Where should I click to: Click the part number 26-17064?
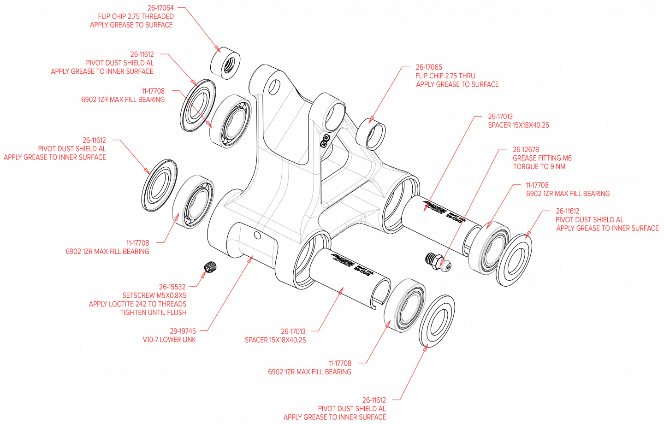(x=160, y=8)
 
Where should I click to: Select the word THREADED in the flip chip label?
(x=158, y=17)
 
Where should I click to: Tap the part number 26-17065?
(x=429, y=67)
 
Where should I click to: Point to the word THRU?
(x=467, y=76)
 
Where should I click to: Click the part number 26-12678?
(x=526, y=150)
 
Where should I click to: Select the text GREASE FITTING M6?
(x=542, y=158)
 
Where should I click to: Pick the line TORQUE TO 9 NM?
(x=539, y=167)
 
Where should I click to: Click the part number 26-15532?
(x=172, y=287)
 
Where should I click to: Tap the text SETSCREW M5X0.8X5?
(x=154, y=295)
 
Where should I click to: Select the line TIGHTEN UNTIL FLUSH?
(x=153, y=312)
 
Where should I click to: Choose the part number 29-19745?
(x=183, y=331)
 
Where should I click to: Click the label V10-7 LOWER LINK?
(x=169, y=340)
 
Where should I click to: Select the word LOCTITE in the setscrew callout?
(x=121, y=304)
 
